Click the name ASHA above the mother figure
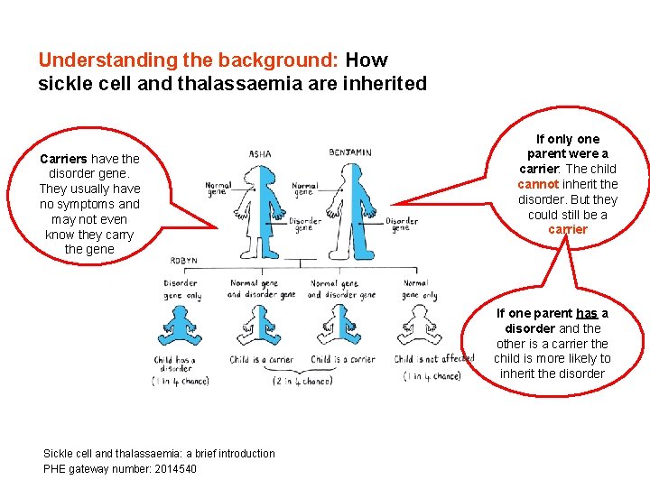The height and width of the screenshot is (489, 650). (260, 154)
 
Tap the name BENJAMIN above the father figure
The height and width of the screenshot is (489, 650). (349, 152)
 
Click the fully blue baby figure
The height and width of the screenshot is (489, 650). (181, 327)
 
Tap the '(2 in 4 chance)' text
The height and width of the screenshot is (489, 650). (303, 380)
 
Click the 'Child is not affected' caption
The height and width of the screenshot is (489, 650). (434, 359)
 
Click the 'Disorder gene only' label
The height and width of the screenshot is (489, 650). (182, 289)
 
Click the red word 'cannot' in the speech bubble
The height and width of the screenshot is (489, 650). (538, 184)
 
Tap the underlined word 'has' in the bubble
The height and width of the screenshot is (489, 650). (587, 313)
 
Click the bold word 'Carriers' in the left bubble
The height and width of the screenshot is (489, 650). (64, 159)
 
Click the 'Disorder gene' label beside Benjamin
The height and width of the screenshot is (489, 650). (401, 224)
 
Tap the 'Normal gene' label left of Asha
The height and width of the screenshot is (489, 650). (218, 189)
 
